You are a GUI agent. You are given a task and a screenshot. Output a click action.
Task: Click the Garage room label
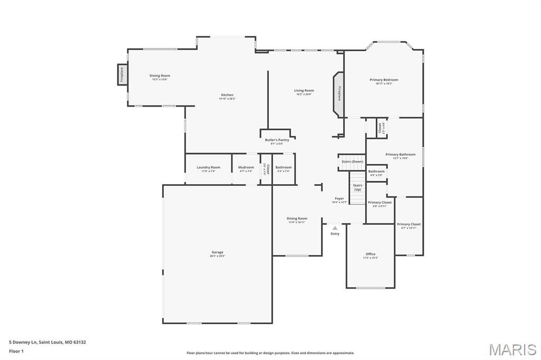click(x=217, y=252)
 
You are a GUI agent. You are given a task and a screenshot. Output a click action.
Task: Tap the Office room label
click(x=370, y=254)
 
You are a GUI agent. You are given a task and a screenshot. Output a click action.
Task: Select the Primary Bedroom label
click(x=384, y=80)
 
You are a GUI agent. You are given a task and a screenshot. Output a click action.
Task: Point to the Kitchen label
click(x=227, y=95)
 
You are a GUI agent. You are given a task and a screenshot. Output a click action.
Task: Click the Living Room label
click(x=304, y=91)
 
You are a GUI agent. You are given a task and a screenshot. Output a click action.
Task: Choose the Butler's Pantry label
click(x=277, y=140)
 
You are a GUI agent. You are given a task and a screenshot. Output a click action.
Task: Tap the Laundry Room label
click(x=208, y=167)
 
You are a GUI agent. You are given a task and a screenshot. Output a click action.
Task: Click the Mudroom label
click(x=246, y=167)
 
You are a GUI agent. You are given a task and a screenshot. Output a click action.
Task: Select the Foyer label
click(x=339, y=199)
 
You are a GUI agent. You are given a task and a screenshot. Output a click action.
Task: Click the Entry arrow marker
click(x=335, y=228)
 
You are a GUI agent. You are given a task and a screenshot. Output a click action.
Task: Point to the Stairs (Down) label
click(x=352, y=162)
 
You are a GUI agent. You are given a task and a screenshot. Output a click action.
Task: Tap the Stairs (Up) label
click(x=358, y=187)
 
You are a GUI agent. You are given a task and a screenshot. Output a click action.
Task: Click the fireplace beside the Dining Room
click(x=122, y=74)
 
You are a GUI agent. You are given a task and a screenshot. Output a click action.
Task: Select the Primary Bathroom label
click(x=400, y=155)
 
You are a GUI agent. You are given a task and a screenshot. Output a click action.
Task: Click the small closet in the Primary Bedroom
click(x=379, y=128)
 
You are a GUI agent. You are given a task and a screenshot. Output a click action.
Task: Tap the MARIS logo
click(x=512, y=349)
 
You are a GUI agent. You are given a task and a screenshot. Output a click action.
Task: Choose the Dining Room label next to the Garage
click(x=297, y=219)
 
